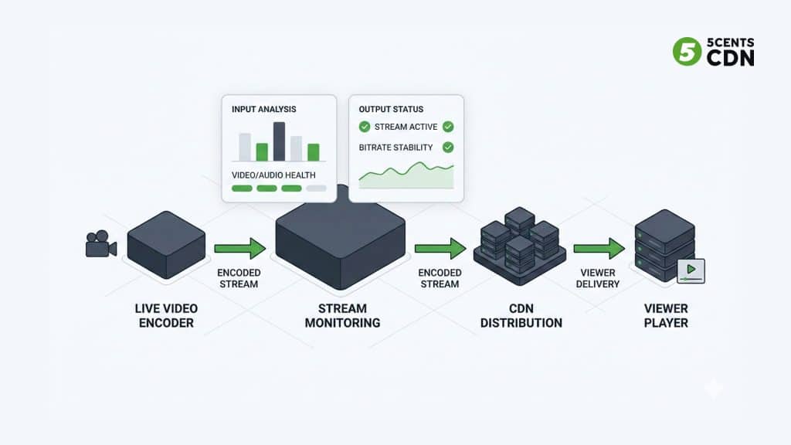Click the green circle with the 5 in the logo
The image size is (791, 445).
click(687, 52)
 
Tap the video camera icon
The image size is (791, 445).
click(100, 245)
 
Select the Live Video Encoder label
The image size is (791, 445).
click(165, 315)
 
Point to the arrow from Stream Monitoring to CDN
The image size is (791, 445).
click(440, 248)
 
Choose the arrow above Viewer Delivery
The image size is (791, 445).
click(599, 248)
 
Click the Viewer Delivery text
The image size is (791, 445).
click(598, 278)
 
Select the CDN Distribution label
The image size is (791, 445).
click(521, 315)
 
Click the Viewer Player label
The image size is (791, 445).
click(666, 315)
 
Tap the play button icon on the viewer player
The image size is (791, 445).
click(691, 271)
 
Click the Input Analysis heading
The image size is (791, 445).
click(263, 110)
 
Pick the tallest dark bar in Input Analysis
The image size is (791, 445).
click(279, 141)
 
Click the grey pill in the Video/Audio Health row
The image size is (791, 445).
click(316, 188)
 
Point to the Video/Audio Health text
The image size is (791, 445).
click(273, 175)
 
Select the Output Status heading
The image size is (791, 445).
click(391, 110)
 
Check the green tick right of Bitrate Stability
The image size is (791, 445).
click(447, 147)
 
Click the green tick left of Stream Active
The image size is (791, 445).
click(365, 127)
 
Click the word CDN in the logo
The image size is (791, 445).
click(731, 58)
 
